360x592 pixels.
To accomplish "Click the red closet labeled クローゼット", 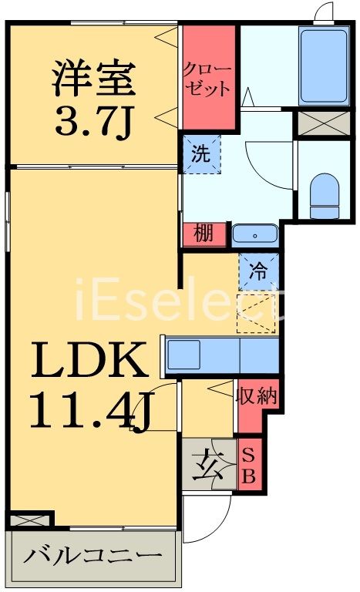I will tap(207, 78).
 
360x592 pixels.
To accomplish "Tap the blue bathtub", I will tap(324, 66).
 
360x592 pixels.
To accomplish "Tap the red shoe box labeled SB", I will tap(250, 466).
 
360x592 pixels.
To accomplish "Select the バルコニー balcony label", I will tap(92, 556).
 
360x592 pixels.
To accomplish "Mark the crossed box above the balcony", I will tap(29, 520).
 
